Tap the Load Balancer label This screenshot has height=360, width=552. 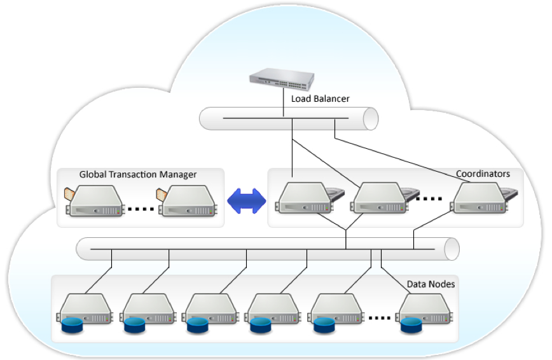[320, 99]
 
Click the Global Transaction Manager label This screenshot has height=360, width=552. [138, 174]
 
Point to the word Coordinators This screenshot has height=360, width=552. [483, 173]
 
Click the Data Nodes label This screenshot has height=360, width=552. [431, 284]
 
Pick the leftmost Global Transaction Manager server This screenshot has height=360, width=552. [95, 202]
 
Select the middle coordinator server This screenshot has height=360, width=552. [379, 198]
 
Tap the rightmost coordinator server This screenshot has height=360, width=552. [477, 198]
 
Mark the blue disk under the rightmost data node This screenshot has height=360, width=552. [411, 327]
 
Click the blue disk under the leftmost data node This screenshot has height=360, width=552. [72, 327]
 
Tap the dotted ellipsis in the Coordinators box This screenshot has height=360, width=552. [428, 198]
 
